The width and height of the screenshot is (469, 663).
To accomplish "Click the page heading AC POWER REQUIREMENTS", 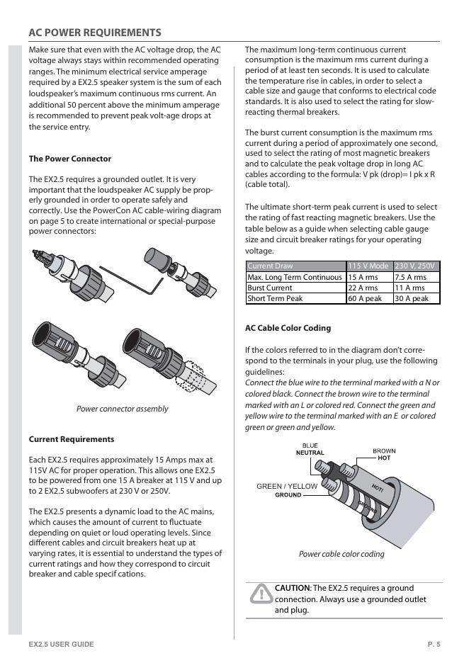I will coord(94,33).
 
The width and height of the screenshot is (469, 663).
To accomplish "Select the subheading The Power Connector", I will coord(69,159).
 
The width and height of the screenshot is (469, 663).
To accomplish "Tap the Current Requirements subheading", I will coord(71,439).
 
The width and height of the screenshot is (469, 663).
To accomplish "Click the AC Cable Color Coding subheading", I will coord(288,328).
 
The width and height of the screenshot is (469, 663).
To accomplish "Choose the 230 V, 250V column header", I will coord(416,266).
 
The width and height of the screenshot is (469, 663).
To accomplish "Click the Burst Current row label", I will coord(269,288).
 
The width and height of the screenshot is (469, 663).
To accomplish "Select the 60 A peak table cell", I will coord(364,299).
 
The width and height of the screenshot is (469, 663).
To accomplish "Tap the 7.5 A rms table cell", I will coord(410,277).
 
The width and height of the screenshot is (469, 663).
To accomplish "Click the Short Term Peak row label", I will coord(274,299).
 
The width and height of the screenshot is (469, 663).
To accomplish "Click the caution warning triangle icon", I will coord(260,594).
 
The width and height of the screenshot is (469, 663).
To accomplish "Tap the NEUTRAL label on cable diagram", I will coord(310,453).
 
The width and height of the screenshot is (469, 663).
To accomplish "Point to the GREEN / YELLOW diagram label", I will coord(287,487).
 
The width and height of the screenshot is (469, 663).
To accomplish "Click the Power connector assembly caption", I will coord(122,409).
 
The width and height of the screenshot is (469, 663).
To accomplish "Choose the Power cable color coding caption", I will coord(341,554).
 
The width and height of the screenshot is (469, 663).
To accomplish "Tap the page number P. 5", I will coord(434,644).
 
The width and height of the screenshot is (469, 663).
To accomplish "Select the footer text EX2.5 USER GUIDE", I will coord(61,644).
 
